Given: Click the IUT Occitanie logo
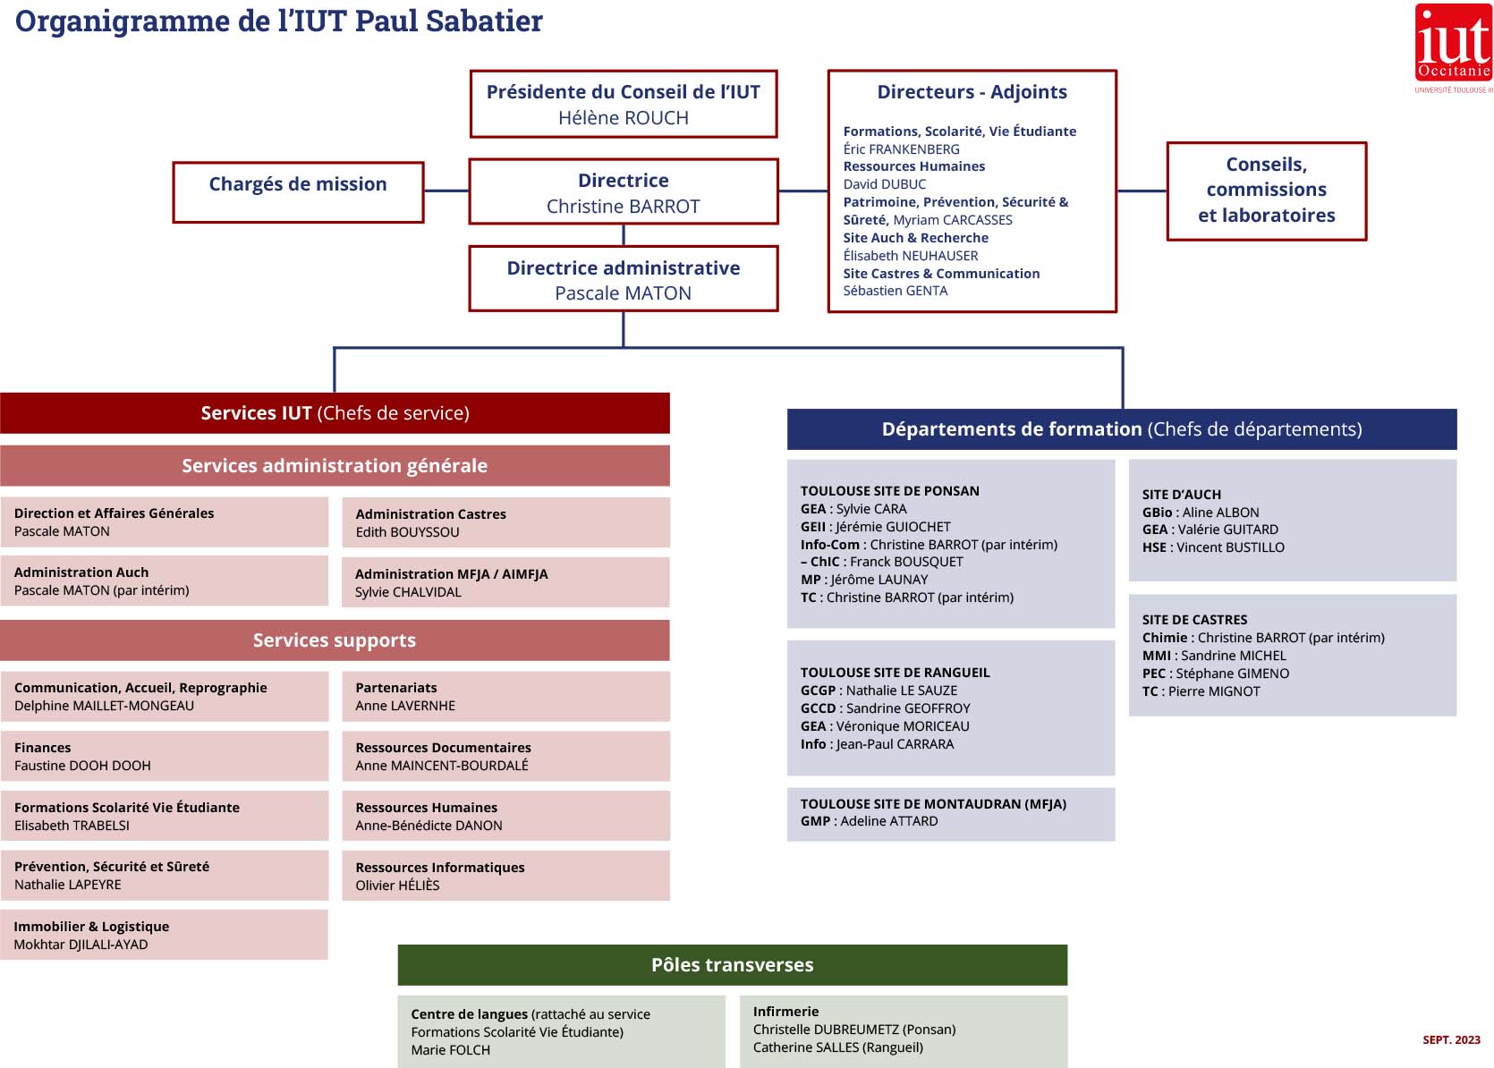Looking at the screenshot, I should click(1453, 45).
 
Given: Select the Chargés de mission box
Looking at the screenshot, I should click(298, 191).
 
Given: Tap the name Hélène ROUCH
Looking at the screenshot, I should click(624, 118).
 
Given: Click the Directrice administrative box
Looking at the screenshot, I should click(624, 279).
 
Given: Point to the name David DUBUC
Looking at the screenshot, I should click(885, 184).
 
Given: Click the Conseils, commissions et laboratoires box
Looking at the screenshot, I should click(1266, 191).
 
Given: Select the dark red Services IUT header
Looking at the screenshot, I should click(335, 413).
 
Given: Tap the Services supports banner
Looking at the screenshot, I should click(335, 640).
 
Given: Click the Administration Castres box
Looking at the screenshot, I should click(505, 522).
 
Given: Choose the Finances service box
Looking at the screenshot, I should click(164, 756).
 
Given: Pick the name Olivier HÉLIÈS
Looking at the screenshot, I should click(398, 886).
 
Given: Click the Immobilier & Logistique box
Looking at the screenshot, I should click(164, 935).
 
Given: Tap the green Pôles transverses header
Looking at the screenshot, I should click(732, 965).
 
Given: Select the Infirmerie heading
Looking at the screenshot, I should click(785, 1012).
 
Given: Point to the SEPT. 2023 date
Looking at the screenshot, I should click(1451, 1040).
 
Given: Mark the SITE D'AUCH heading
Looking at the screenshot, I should click(1181, 495).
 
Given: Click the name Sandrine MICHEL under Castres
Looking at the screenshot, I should click(1233, 656).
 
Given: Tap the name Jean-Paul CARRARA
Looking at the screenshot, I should click(895, 744).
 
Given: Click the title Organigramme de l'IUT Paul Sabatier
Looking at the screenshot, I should click(279, 21).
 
